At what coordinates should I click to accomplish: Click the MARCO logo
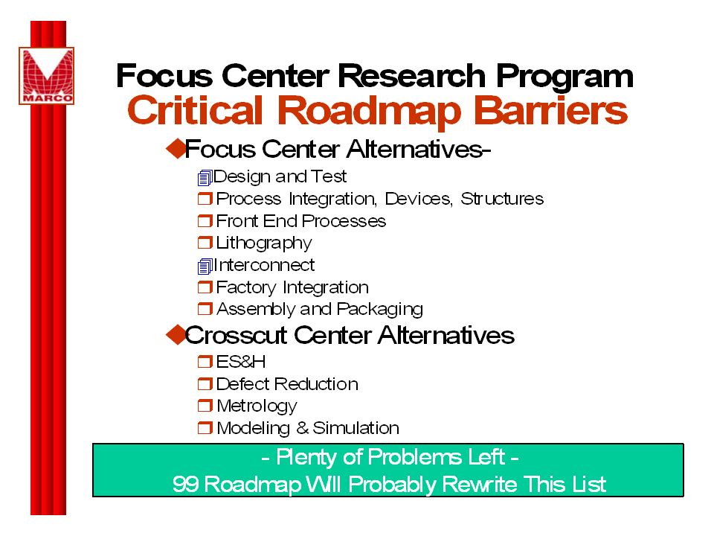46,76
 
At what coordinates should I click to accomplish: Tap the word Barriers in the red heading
551,110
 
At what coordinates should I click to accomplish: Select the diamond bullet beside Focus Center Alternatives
176,148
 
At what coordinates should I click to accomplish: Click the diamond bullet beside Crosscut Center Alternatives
176,334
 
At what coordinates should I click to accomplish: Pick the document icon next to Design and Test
205,177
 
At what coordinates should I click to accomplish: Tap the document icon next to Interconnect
205,267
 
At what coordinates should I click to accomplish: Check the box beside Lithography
205,243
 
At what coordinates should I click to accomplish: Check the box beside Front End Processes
205,221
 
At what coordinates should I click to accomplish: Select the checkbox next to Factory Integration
205,287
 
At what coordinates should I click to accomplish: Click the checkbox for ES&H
205,362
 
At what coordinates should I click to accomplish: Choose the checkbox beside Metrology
205,405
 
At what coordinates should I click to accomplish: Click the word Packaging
380,310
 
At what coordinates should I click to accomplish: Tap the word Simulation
356,428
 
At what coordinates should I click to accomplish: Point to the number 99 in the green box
185,484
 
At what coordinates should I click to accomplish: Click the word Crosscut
237,335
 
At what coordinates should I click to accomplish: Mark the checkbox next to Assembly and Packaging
205,309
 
